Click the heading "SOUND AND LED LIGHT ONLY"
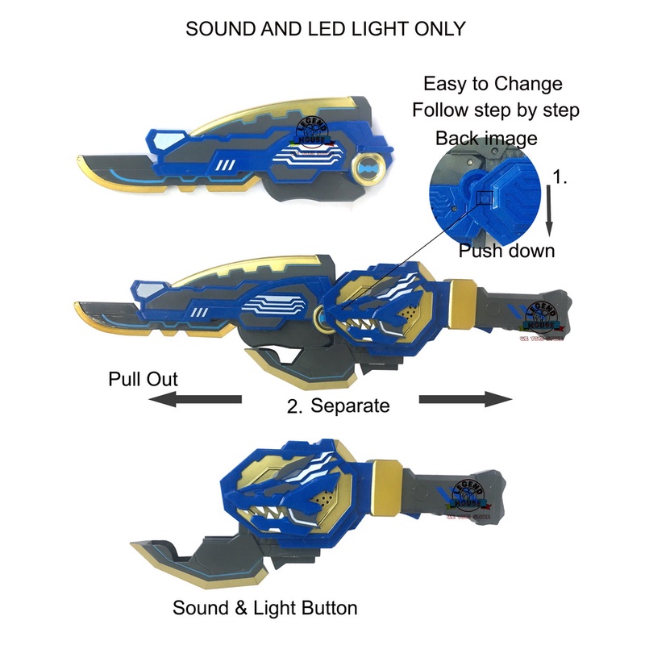click(x=325, y=28)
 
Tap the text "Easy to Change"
click(x=493, y=83)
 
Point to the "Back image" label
click(x=486, y=138)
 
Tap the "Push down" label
click(x=506, y=250)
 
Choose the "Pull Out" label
click(x=143, y=379)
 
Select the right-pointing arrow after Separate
click(x=466, y=399)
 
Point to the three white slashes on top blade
click(x=226, y=167)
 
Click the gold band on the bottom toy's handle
click(x=385, y=479)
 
